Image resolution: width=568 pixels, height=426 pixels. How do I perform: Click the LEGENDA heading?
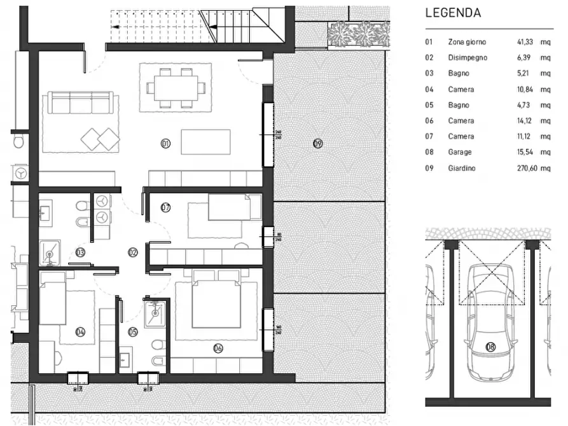[453, 12]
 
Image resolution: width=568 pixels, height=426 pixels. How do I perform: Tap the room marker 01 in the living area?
[166, 144]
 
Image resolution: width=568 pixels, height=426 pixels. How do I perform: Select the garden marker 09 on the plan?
[318, 144]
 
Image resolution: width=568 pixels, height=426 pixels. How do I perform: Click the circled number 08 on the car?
[490, 347]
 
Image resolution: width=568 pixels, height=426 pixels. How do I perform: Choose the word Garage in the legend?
[460, 153]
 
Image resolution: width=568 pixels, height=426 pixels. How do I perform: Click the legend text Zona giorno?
[467, 42]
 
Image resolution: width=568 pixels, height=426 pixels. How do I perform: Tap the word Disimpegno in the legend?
[468, 58]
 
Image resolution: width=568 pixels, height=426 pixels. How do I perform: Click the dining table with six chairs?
[173, 87]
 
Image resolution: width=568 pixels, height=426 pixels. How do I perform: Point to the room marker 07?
[166, 207]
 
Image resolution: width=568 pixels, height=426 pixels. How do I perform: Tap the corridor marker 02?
[133, 252]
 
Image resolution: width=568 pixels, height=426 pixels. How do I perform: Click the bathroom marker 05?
[133, 331]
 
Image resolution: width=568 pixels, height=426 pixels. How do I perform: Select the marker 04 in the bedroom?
[81, 331]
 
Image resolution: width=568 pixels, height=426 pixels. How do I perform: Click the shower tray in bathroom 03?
[50, 252]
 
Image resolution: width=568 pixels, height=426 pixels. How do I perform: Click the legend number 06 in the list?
[429, 121]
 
